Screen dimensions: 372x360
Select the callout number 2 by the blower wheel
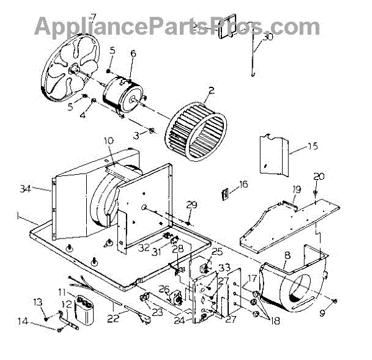[x=211, y=90]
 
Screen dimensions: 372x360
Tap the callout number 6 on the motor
[x=133, y=54]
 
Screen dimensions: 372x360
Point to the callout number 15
[x=312, y=146]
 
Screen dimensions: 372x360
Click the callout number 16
[x=243, y=184]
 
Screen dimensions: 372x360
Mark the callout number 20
[x=319, y=177]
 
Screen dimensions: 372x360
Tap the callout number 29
[x=191, y=205]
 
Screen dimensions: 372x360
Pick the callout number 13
[x=38, y=301]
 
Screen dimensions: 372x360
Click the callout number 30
[x=268, y=37]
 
